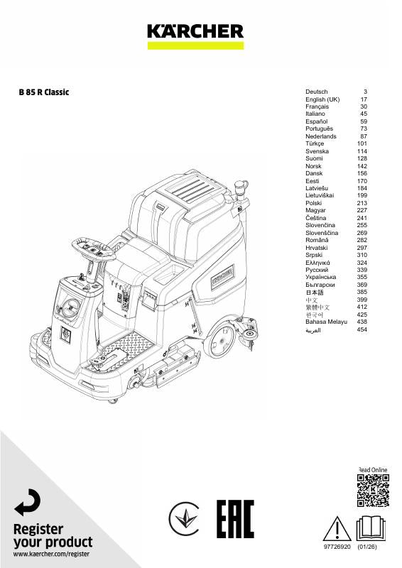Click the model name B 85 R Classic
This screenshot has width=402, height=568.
pyautogui.click(x=44, y=92)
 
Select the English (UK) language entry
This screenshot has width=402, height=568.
pyautogui.click(x=322, y=99)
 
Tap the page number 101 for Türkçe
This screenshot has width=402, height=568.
pyautogui.click(x=362, y=143)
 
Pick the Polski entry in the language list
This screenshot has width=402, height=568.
pyautogui.click(x=313, y=203)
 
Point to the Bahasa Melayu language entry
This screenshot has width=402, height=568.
pyautogui.click(x=326, y=322)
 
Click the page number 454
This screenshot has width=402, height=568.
pyautogui.click(x=362, y=329)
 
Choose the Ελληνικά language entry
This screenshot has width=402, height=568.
pyautogui.click(x=317, y=263)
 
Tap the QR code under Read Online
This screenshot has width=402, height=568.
pyautogui.click(x=373, y=491)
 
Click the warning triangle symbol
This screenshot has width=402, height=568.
pyautogui.click(x=337, y=529)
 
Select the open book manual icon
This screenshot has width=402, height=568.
pyautogui.click(x=371, y=528)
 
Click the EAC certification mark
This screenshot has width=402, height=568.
pyautogui.click(x=235, y=519)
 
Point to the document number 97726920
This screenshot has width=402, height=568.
pyautogui.click(x=337, y=547)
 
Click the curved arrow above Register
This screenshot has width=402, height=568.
pyautogui.click(x=28, y=502)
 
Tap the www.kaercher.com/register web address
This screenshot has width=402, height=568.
pyautogui.click(x=51, y=554)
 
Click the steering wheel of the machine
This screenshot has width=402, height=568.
pyautogui.click(x=93, y=248)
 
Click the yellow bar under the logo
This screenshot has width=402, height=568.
pyautogui.click(x=195, y=45)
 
